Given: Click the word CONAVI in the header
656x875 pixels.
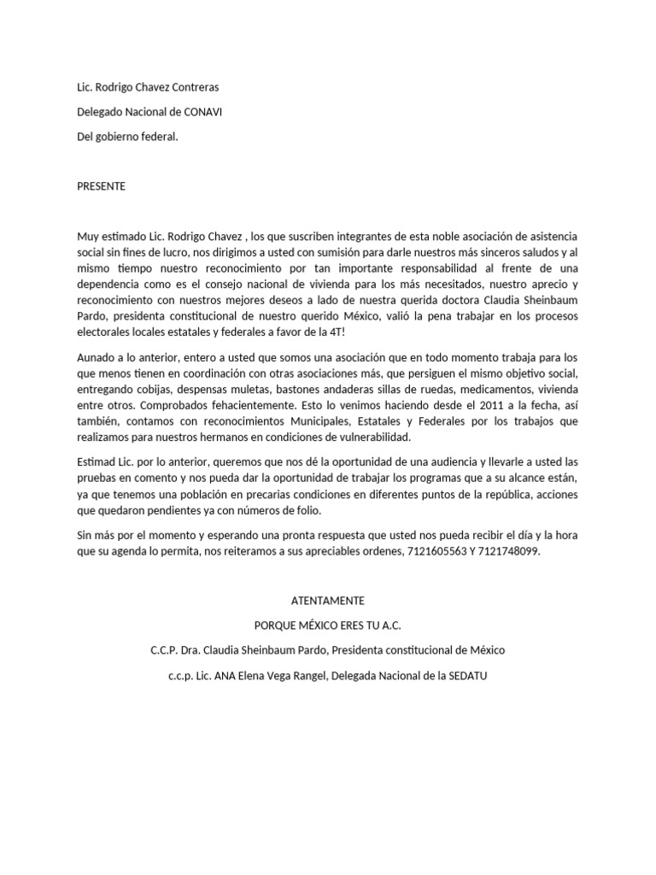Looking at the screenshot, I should (203, 112).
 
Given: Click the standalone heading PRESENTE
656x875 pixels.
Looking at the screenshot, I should (101, 186).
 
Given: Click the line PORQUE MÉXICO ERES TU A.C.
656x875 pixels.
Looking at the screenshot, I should (327, 625).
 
